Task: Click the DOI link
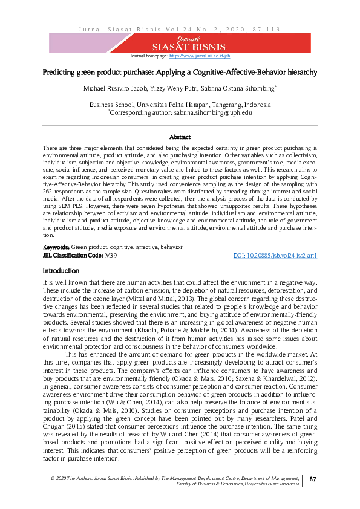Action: tap(275, 256)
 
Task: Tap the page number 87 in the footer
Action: tap(313, 479)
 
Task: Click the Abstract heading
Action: tap(180, 138)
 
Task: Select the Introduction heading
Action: tap(61, 271)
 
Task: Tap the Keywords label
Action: tap(56, 248)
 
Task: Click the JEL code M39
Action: tap(111, 256)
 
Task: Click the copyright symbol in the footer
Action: tap(53, 478)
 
